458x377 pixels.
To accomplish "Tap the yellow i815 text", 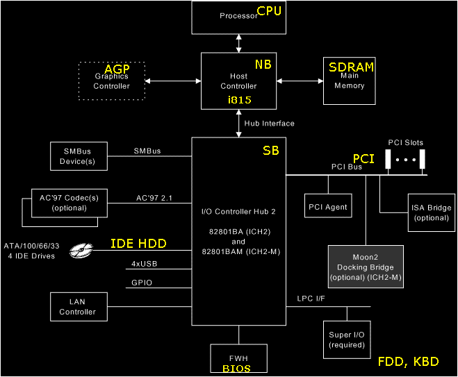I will click(238, 100).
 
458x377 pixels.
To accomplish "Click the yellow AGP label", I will click(117, 70).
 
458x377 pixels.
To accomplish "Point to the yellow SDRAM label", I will click(352, 67).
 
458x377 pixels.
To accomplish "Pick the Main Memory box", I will click(349, 81).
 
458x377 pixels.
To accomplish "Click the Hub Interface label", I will click(269, 124).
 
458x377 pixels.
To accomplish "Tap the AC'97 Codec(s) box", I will click(69, 203).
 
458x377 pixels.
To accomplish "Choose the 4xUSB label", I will click(145, 265).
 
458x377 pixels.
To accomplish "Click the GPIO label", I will click(141, 283).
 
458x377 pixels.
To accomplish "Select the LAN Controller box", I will click(77, 307).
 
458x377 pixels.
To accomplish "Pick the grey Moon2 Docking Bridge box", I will click(366, 267).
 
